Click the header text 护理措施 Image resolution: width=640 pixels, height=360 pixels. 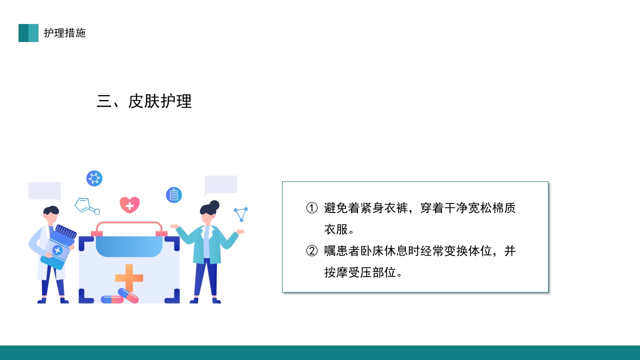[64, 33]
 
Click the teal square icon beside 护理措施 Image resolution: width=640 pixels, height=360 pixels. [28, 33]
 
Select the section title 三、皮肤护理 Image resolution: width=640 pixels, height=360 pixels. [144, 101]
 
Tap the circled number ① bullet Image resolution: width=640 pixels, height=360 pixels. [312, 208]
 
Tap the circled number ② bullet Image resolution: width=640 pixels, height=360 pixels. [312, 251]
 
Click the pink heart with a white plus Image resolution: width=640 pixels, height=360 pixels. [129, 204]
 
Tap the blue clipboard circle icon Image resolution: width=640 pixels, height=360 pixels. [173, 194]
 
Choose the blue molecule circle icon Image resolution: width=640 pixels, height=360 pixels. [94, 178]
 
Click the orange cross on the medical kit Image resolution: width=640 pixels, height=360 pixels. [129, 277]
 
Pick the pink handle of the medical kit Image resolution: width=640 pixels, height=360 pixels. [129, 226]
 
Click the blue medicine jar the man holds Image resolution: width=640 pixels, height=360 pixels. [58, 247]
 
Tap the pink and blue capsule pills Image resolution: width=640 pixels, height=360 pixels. [120, 297]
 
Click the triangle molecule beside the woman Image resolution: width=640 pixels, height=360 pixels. [241, 214]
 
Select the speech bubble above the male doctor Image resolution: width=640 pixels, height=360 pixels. [45, 191]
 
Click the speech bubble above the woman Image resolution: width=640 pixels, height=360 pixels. [220, 184]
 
